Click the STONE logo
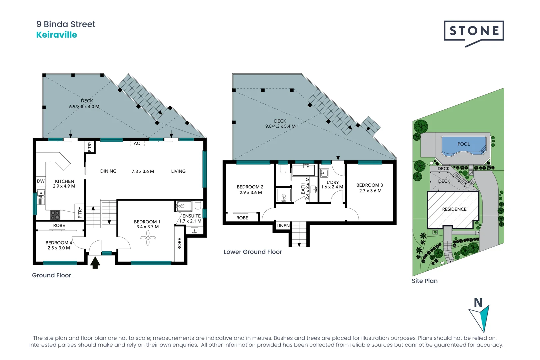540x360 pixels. [474, 34]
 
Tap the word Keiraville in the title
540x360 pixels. [57, 35]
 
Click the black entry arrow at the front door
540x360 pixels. [95, 263]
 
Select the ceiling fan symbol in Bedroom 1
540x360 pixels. [148, 238]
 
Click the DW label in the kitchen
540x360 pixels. [41, 181]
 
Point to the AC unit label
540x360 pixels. [137, 143]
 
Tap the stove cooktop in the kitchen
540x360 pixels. [55, 215]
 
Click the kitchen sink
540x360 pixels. [41, 197]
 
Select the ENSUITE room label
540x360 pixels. [191, 216]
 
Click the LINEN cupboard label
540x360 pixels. [283, 226]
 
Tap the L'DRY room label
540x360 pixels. [333, 182]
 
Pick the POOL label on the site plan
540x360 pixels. [464, 144]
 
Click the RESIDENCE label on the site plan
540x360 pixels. [454, 209]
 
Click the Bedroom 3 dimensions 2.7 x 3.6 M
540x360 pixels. [370, 191]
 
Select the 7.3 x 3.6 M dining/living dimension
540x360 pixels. [143, 171]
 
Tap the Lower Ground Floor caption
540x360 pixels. [253, 252]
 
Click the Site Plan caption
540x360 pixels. [425, 281]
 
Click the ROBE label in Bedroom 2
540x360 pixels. [242, 218]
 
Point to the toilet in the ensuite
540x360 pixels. [198, 205]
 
